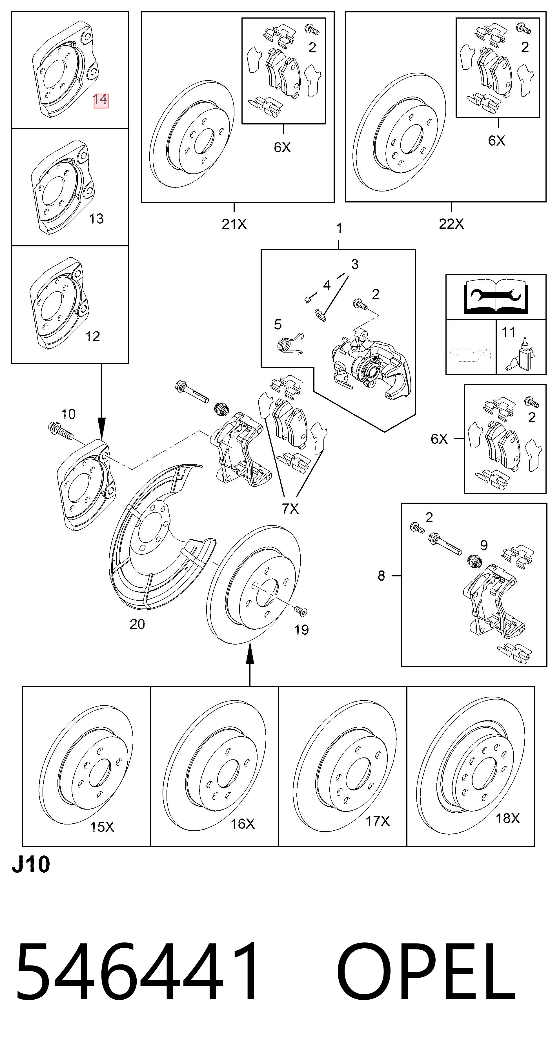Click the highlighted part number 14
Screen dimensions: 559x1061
tap(101, 100)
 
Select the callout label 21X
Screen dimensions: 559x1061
tap(234, 224)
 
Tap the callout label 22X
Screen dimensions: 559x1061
tap(451, 224)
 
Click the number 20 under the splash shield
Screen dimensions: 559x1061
tap(137, 624)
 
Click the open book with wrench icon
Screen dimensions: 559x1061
tap(496, 297)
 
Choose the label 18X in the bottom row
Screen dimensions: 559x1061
tap(507, 818)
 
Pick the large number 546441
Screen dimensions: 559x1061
tap(137, 973)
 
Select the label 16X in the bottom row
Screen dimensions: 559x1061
tap(242, 824)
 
